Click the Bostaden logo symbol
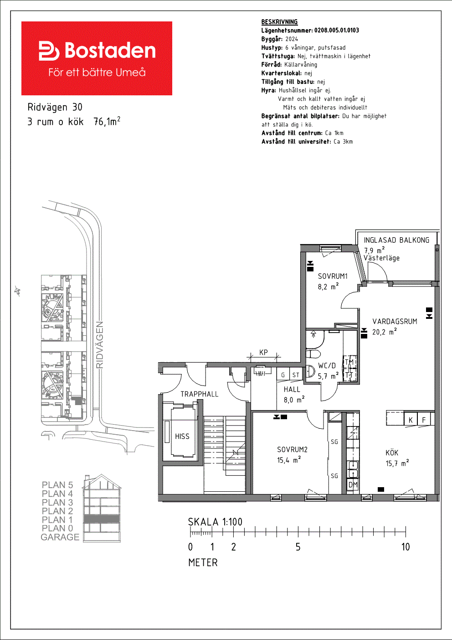click(x=49, y=51)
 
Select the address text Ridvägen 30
click(x=55, y=107)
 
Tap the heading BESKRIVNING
click(x=279, y=22)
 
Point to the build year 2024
click(x=292, y=39)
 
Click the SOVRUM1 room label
click(x=333, y=276)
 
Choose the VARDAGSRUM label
click(x=395, y=322)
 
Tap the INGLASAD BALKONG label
click(x=396, y=240)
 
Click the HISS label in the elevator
click(x=182, y=436)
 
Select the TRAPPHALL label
click(x=199, y=394)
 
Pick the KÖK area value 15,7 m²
click(x=397, y=463)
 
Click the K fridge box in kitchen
click(x=411, y=419)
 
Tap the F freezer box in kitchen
click(x=424, y=419)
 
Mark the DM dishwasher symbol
click(x=353, y=484)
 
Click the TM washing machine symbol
click(x=349, y=362)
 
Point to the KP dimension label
click(x=263, y=352)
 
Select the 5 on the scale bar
click(x=298, y=547)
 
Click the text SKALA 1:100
click(x=215, y=522)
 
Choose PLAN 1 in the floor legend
click(x=57, y=520)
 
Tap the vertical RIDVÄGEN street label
click(x=100, y=345)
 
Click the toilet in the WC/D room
click(x=313, y=354)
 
